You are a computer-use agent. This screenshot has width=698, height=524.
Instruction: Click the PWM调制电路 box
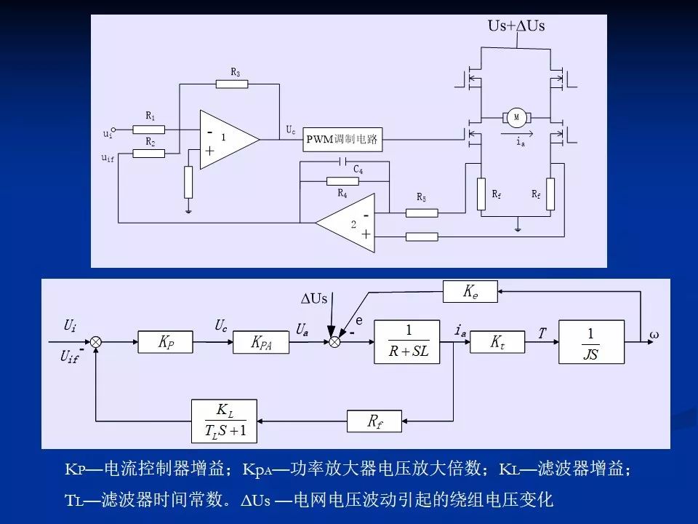[343, 140]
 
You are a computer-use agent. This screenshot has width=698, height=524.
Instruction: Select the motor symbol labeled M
[517, 117]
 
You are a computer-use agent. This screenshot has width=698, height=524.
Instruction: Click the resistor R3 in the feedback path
[234, 84]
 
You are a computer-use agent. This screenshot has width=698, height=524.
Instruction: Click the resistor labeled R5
[422, 213]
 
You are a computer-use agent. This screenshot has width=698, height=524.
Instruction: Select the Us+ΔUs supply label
[516, 26]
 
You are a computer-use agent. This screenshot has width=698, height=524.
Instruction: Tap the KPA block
[261, 342]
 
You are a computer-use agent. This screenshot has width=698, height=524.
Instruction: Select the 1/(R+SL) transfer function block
[408, 342]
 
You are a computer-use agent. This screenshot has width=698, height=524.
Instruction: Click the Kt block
[497, 342]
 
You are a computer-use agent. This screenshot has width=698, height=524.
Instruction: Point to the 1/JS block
[591, 342]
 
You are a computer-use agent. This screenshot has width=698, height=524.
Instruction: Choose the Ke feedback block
[470, 293]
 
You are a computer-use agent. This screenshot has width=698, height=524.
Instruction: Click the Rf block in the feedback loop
[374, 421]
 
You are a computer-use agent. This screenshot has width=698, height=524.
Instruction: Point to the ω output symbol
[654, 336]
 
